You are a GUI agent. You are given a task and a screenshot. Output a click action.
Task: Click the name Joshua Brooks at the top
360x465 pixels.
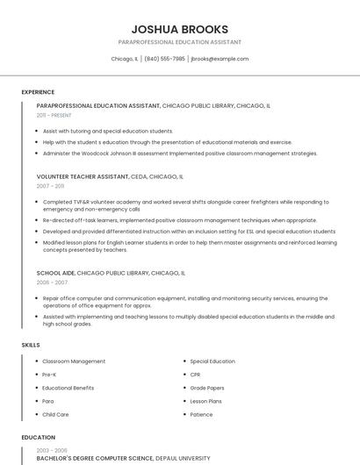[x=179, y=29]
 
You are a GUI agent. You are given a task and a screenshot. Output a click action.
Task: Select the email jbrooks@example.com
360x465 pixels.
[x=220, y=59]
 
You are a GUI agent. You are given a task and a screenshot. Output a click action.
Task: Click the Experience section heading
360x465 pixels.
[x=38, y=92]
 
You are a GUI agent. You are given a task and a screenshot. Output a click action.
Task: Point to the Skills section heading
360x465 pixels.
[x=31, y=345]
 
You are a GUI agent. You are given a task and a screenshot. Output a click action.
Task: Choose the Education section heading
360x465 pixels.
[x=38, y=437]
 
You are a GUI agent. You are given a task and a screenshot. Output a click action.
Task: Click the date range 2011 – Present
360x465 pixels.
[x=54, y=115]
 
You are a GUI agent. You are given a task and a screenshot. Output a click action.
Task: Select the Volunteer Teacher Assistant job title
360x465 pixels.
[x=82, y=176]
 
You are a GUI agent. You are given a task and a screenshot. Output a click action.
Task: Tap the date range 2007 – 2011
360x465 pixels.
[x=50, y=186]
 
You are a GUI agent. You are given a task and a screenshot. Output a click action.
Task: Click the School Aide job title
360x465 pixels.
[x=55, y=273]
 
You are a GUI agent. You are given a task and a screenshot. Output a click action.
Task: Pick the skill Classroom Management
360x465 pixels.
[x=74, y=361]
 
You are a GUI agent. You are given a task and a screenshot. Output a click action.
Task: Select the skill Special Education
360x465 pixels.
[x=212, y=361]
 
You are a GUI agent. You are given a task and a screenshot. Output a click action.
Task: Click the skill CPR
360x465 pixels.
[x=195, y=375]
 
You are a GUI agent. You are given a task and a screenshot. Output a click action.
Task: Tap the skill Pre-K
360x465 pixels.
[x=49, y=375]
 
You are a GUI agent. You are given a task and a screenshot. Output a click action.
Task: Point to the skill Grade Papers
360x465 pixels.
[x=207, y=388]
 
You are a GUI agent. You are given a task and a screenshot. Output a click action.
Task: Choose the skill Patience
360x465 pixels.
[x=201, y=414]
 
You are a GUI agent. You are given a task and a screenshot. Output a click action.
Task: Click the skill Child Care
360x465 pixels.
[x=55, y=414]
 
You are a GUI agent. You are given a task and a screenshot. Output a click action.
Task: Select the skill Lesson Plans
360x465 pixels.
[x=206, y=401]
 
